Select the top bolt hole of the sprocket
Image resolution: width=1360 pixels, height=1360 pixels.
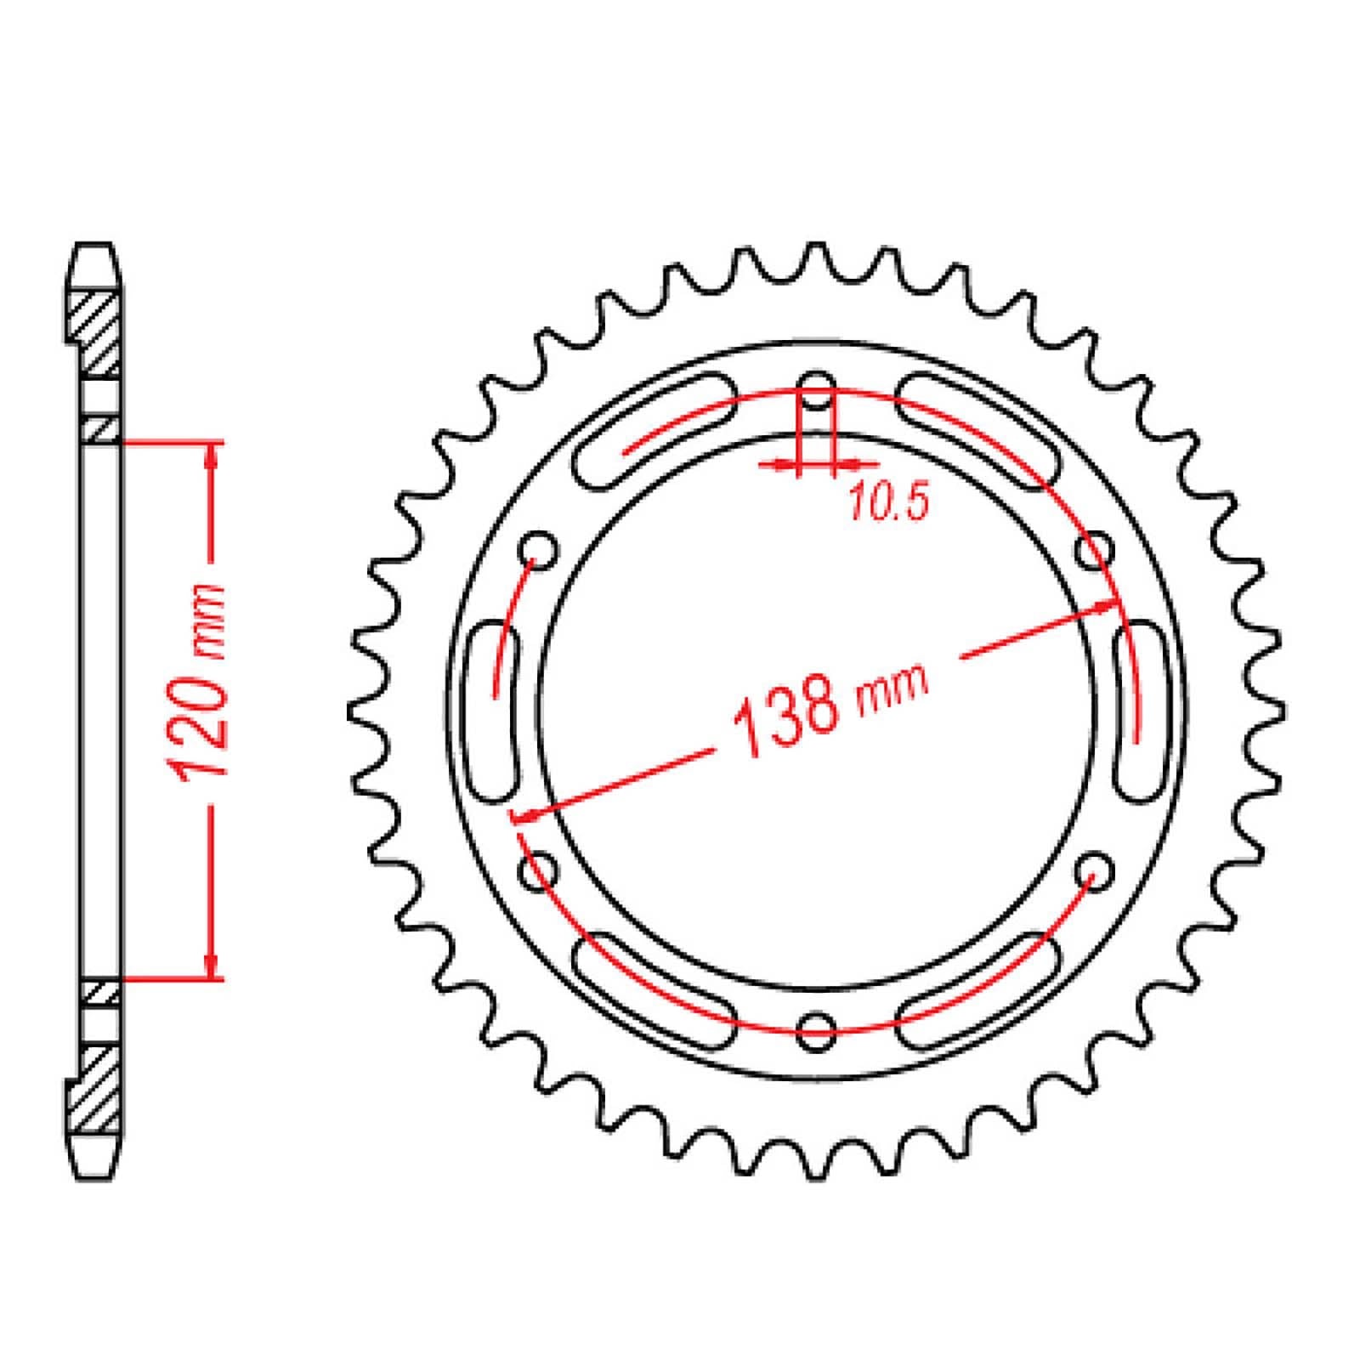[816, 386]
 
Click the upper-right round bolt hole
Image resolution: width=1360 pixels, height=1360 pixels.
[1094, 548]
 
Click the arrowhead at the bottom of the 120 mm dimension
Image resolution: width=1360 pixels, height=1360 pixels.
[212, 965]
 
